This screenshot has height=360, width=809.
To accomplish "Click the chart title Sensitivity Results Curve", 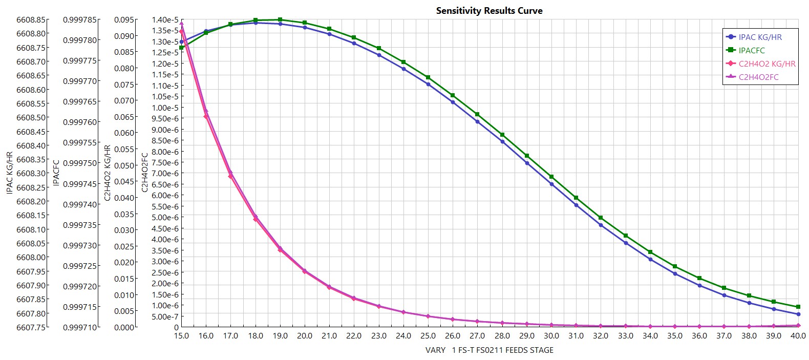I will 489,11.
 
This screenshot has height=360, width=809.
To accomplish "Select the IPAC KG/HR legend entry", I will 760,37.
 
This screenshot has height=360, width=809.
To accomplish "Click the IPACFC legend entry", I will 751,50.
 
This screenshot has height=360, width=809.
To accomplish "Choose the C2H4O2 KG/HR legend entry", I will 767,63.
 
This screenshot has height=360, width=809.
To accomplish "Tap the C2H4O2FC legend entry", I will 758,77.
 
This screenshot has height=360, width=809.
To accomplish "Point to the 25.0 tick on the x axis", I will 428,336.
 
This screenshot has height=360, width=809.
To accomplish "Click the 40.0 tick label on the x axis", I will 798,336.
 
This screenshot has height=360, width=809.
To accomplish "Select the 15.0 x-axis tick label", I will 181,336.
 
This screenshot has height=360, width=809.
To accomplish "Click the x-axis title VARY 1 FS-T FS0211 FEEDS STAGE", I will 489,350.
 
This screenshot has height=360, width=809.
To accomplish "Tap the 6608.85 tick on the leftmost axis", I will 32,20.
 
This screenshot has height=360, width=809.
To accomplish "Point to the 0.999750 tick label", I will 80,163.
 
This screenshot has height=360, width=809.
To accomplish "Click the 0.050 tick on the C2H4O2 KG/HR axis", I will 125,165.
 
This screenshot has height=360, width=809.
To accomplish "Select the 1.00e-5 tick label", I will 165,108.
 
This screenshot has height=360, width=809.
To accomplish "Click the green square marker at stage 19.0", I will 280,20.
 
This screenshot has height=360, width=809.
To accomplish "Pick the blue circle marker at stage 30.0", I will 551,184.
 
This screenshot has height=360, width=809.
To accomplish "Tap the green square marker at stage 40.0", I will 798,307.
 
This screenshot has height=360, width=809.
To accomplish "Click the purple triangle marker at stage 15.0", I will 181,24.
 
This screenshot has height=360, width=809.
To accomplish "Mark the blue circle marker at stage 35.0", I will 675,274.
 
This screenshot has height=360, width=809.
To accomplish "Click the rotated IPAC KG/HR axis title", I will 9,173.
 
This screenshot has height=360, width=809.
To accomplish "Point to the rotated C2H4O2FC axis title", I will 144,173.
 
